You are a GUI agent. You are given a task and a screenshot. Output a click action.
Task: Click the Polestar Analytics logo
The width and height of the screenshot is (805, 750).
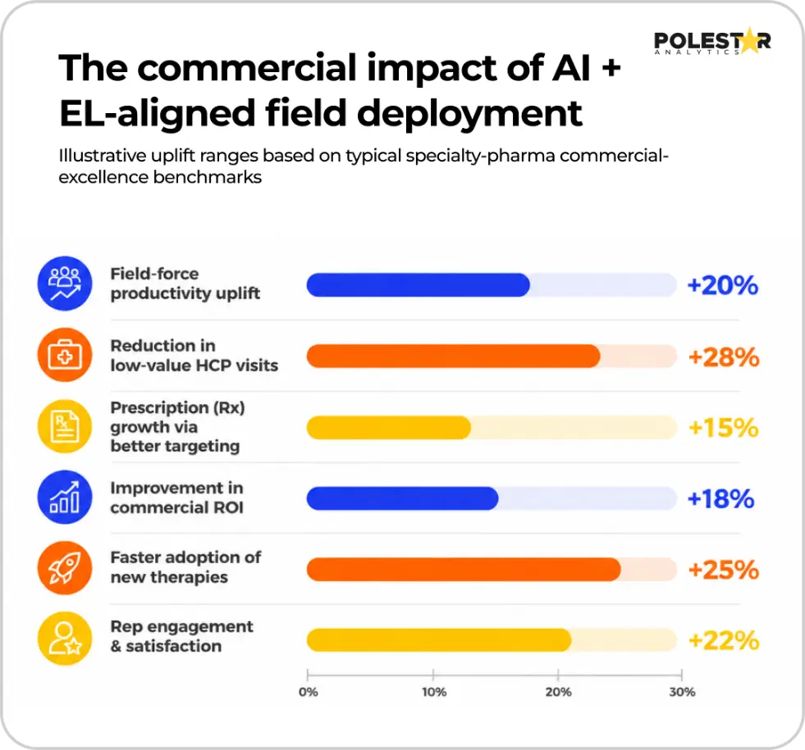coord(712,41)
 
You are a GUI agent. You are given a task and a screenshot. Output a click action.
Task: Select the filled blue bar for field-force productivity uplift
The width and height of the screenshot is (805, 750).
coord(418,285)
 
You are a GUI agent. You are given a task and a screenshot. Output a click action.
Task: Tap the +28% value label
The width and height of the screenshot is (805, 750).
coord(724,357)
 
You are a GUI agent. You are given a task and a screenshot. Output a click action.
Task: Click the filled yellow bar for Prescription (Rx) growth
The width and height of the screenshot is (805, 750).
coord(389,428)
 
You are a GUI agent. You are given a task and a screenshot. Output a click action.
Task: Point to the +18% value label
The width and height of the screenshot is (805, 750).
coord(720,499)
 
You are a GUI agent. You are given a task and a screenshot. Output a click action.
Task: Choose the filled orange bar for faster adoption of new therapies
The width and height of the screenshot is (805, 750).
coord(464,570)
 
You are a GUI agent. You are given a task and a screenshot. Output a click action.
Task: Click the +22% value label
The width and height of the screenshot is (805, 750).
coord(724,641)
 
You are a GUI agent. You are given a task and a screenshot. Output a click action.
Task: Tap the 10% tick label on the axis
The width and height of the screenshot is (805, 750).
coord(434,692)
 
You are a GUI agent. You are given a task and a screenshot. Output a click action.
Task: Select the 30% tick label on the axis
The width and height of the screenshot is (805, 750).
coord(682,692)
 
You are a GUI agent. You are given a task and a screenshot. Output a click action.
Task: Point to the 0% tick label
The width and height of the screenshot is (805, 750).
coord(308,692)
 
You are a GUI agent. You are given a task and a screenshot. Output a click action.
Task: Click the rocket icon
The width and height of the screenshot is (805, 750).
coord(65,568)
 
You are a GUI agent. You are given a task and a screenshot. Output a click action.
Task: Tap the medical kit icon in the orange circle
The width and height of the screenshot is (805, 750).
coord(65,355)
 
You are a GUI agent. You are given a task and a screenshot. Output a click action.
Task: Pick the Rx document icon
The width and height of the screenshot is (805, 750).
coord(65,426)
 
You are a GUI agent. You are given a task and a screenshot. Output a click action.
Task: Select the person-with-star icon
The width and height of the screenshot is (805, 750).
coord(65,639)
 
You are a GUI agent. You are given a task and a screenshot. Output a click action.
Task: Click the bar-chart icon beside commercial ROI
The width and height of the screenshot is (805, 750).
coord(65,497)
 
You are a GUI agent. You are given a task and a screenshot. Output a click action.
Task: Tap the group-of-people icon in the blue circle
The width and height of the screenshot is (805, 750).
coord(65,283)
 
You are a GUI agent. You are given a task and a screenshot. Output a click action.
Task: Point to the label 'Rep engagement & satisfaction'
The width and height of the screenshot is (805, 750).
coord(181,636)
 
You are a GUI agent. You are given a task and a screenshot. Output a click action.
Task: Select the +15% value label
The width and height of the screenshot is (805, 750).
coord(724,428)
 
